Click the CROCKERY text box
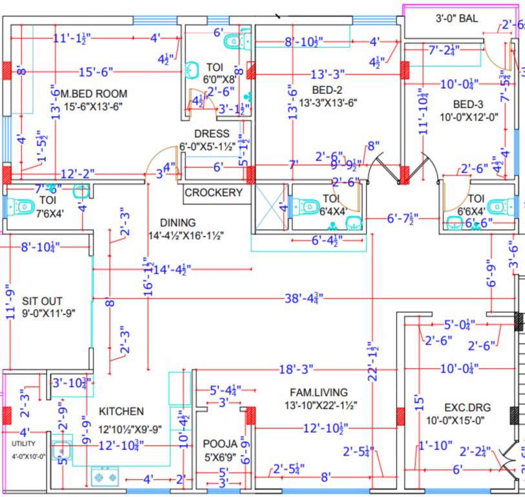[213, 193]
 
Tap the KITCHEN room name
[121, 412]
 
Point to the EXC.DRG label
[467, 408]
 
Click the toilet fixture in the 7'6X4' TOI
[23, 207]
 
